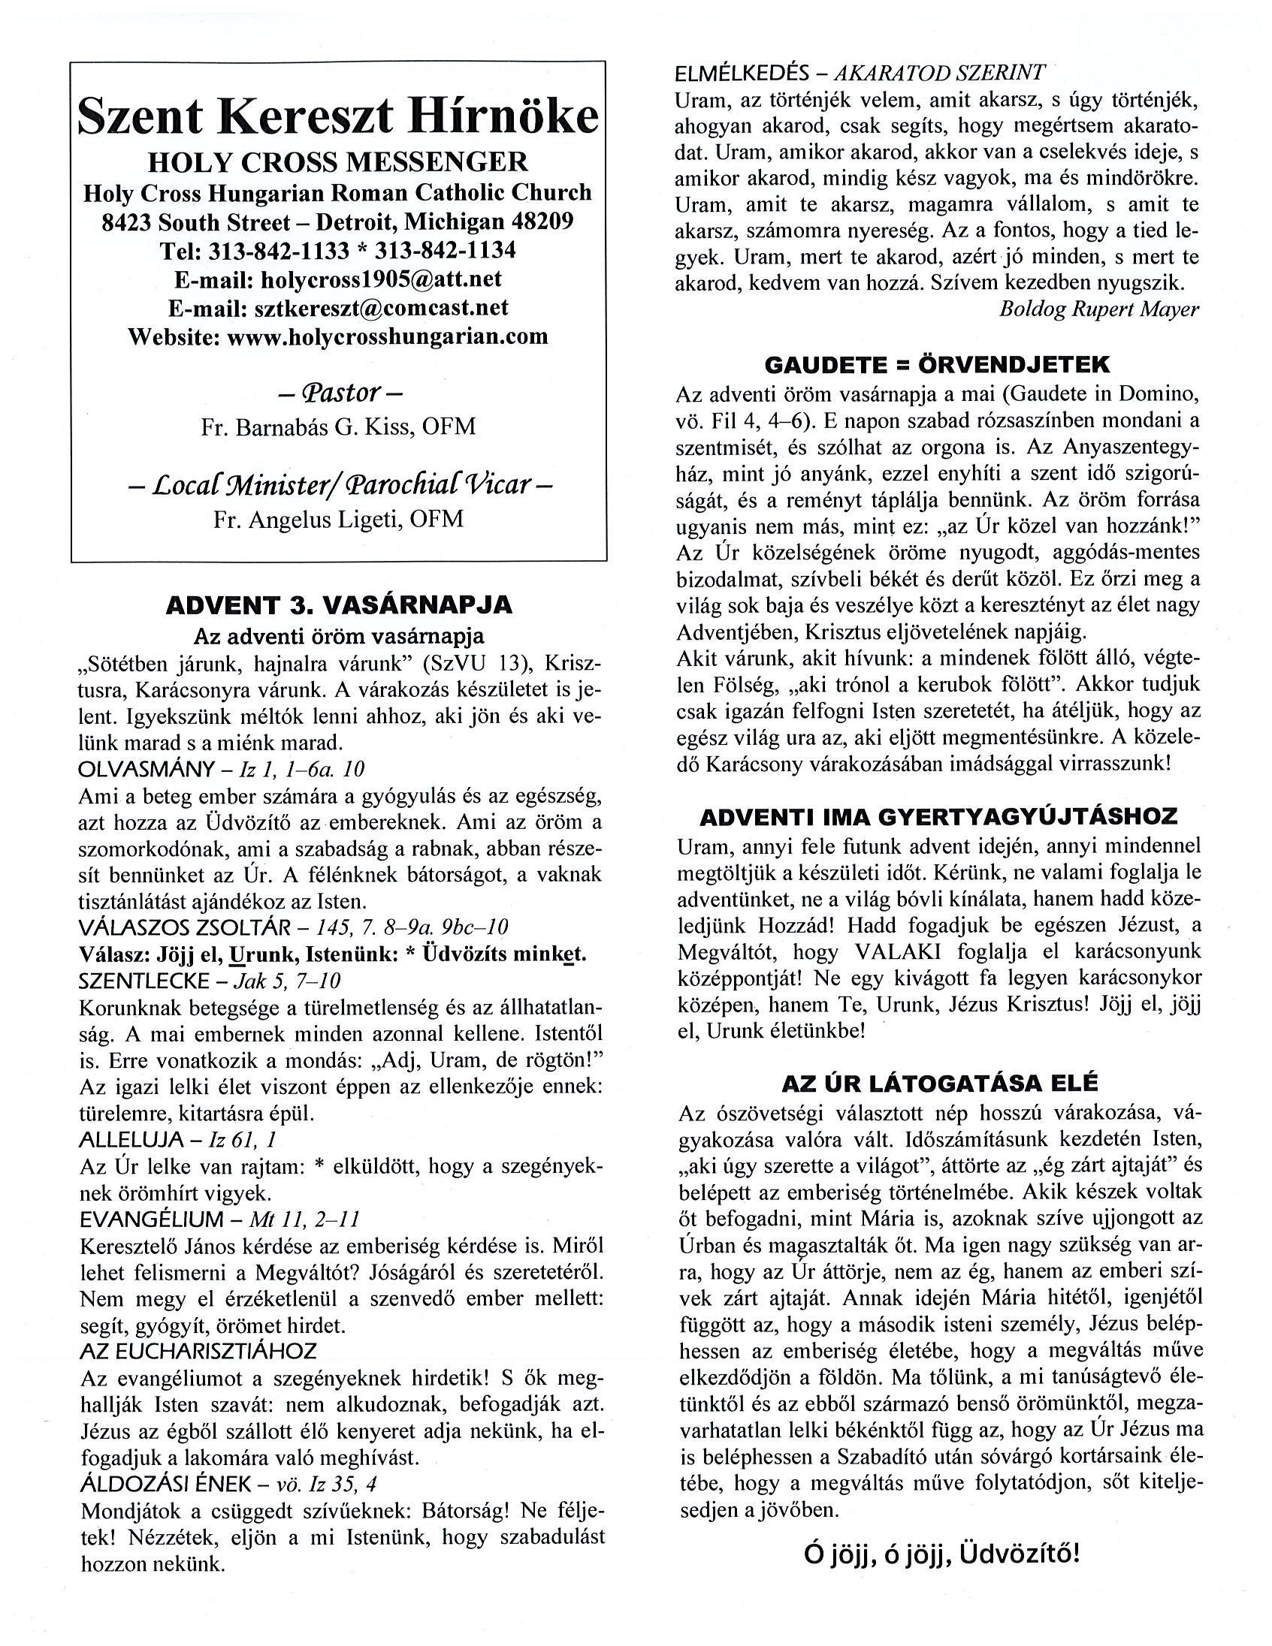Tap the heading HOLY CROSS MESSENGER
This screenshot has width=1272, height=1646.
pos(338,162)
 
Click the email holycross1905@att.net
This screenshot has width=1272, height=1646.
pos(380,279)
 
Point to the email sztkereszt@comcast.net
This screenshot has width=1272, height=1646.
pos(381,307)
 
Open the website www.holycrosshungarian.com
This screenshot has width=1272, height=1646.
pos(387,336)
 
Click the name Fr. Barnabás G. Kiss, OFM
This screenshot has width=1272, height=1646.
pos(339,427)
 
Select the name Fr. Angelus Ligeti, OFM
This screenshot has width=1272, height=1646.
pos(339,520)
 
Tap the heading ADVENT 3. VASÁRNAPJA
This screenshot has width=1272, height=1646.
pos(339,604)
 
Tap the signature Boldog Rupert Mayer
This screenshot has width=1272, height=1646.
pos(1098,309)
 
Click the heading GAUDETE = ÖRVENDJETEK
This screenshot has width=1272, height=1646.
pos(937,365)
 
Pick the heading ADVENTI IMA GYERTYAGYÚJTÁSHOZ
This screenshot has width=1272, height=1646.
pos(938,818)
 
